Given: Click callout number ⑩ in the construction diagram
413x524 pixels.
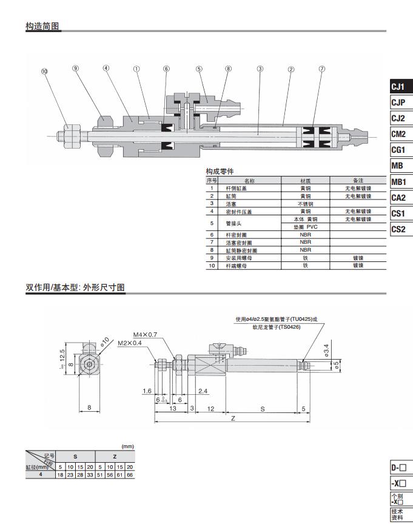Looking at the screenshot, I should coord(44,71).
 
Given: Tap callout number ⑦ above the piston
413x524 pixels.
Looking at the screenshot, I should coord(322,69).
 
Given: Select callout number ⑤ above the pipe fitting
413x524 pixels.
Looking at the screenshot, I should coord(198,69).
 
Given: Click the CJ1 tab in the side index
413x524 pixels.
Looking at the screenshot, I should coord(398,87).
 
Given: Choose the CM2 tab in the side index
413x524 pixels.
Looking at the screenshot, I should coord(398,134).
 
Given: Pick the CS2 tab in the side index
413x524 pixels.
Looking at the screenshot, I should coord(398,229).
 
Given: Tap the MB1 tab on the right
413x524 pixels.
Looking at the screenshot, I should coord(398,182).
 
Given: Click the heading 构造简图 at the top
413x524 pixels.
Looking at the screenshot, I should coord(43,27).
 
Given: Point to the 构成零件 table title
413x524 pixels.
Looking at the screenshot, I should coord(220,172).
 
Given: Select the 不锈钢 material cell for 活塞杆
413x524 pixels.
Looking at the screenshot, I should coord(306,204).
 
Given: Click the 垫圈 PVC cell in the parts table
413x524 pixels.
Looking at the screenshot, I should coord(306,227).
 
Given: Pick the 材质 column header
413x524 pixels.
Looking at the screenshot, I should coord(306,181).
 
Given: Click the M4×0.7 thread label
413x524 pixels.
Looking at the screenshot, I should coord(145,334).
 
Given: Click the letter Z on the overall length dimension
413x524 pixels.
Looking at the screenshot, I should coord(233,418).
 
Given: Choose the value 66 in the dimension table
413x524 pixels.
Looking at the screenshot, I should coord(129,475).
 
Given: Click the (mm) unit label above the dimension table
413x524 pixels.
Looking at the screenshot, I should coord(127,446).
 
